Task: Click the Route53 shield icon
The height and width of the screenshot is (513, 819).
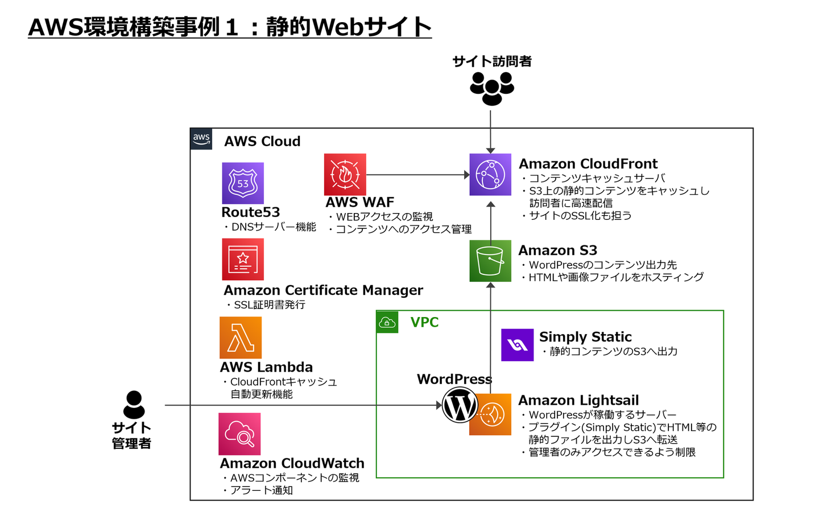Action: pos(243,183)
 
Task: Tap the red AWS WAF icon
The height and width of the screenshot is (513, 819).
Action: pos(345,174)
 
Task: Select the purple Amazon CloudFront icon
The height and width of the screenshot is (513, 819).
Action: pos(490,174)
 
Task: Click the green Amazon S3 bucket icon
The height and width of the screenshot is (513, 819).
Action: pos(490,261)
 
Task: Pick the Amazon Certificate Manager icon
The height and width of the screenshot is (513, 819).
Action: pos(243,259)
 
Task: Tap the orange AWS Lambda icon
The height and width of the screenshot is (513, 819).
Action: pos(241,337)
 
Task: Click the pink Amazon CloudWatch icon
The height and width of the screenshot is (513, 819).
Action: pos(239,434)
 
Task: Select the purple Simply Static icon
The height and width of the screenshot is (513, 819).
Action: pos(517,345)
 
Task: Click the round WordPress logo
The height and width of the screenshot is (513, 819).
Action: pos(460,406)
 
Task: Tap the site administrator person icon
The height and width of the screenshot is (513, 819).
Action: pos(134,404)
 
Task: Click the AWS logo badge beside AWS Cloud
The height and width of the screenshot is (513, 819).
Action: pos(201,139)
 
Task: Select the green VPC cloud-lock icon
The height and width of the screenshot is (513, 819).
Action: pos(387,322)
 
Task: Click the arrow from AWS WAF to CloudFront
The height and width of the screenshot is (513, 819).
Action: pos(417,175)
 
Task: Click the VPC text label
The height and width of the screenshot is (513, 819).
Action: pos(424,322)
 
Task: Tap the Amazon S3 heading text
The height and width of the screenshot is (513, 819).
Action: pos(557,251)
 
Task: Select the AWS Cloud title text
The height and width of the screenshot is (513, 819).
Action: pos(262,141)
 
